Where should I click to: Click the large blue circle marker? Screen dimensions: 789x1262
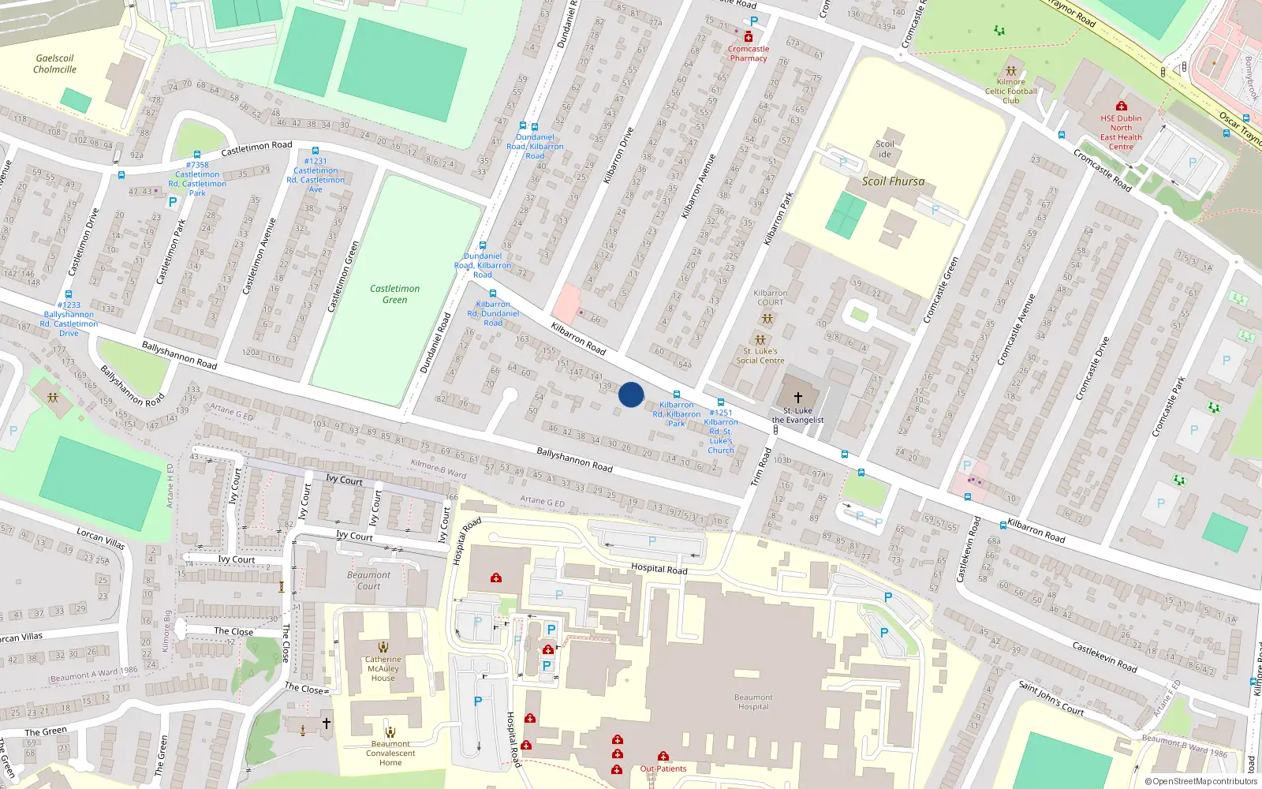coord(631,394)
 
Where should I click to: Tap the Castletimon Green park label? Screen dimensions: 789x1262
coord(394,294)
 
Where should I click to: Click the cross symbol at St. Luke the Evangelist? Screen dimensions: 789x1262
coord(797,398)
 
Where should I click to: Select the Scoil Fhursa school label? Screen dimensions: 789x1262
coord(893,181)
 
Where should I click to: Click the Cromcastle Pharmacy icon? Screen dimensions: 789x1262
coord(749,36)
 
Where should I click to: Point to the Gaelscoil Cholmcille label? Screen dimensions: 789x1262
coord(54,64)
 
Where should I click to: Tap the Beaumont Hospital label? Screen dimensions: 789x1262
coord(753,702)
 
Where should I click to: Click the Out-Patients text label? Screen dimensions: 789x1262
coord(663,768)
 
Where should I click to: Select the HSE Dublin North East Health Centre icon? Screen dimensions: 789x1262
coord(1121,106)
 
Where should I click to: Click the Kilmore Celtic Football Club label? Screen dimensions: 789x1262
coord(1010,92)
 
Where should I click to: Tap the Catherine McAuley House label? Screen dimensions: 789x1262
coord(383,669)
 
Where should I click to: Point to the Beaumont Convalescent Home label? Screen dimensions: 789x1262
coord(390,753)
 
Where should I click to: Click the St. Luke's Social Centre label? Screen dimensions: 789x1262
coord(760,356)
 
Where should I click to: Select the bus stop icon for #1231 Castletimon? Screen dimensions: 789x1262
coord(315,151)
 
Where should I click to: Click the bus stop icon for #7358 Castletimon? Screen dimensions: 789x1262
coord(197,155)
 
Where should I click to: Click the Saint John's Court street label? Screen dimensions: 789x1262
coord(1051,698)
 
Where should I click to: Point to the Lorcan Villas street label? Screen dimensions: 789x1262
coord(100,539)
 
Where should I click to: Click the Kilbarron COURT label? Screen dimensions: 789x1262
coord(770,297)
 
